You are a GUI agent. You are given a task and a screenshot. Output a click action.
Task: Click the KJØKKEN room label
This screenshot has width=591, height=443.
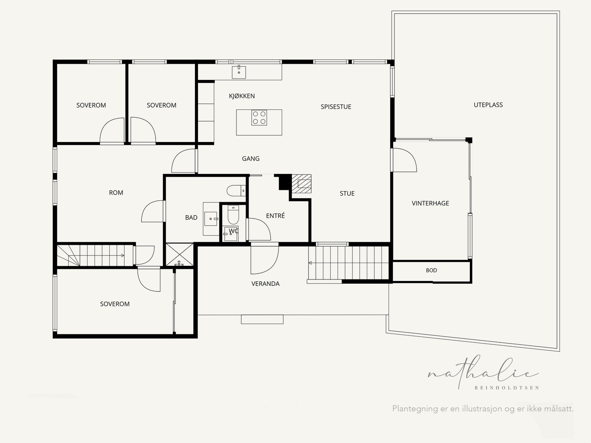coord(242,96)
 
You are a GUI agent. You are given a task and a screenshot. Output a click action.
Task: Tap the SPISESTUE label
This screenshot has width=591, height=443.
coord(336,107)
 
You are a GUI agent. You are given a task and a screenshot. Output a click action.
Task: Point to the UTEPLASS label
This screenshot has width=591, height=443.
coord(488,105)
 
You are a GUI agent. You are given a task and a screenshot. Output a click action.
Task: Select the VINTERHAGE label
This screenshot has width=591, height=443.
coord(430,203)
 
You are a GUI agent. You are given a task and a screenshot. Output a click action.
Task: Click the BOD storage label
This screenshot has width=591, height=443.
coord(431,270)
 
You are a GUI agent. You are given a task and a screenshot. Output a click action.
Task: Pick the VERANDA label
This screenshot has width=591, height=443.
coord(265,284)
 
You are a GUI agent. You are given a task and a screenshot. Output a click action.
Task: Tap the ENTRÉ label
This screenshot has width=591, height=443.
coord(275,215)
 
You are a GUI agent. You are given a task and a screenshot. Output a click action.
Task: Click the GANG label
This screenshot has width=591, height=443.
coord(251,158)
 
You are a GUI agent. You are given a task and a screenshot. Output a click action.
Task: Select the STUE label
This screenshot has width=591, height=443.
coord(347,193)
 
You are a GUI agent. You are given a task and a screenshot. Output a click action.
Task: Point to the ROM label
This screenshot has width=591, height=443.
coord(116,193)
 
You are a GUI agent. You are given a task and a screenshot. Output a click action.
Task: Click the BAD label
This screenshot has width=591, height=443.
coord(191,217)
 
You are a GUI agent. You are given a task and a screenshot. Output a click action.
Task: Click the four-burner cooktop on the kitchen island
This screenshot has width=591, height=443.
coord(259,118)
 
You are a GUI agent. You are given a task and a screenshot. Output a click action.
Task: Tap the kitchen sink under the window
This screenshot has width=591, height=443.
coord(239,72)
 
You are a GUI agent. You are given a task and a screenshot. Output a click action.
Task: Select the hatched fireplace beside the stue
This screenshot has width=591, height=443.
coord(301,183)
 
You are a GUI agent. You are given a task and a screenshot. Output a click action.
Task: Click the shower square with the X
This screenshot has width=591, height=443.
coord(179,255)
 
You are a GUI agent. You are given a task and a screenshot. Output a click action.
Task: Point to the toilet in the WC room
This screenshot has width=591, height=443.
coord(233,215)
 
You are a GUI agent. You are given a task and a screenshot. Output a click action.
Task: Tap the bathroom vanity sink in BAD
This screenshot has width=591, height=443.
coord(211,219)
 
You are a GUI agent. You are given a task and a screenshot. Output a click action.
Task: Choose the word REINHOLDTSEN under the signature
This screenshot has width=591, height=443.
coord(507,388)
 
